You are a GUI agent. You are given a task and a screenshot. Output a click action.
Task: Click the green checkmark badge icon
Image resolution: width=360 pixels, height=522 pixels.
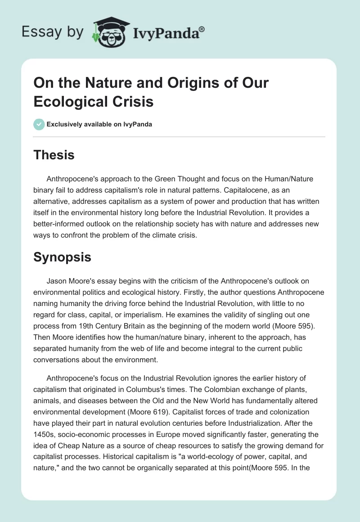pos(39,124)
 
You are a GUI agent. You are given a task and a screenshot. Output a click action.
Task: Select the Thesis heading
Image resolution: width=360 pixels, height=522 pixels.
pos(54,155)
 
